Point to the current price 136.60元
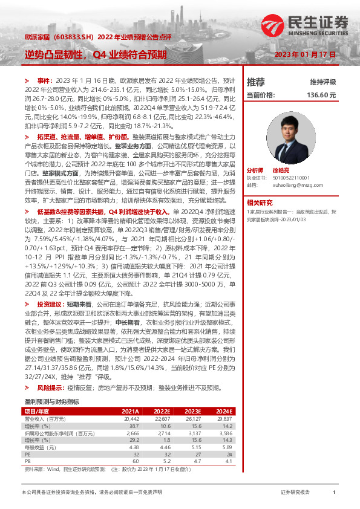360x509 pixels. pos(321,95)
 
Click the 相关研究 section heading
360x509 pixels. pos(260,203)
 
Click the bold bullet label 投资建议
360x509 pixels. pos(48,304)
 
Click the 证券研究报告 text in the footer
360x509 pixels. pos(296,493)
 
